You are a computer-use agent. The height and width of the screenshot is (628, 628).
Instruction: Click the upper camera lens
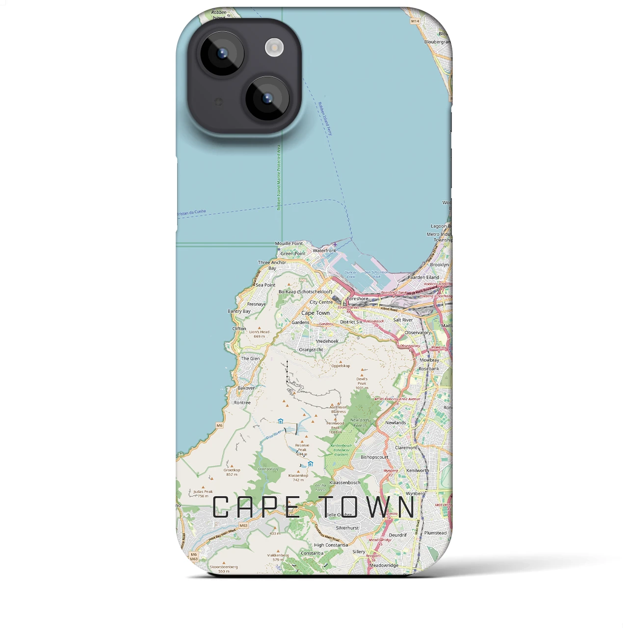[x=222, y=53]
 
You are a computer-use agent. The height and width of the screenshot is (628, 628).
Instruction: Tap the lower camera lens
[x=267, y=98]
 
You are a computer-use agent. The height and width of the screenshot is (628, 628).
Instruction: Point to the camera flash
[x=274, y=48]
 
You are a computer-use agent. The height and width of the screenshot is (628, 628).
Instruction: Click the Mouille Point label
[x=288, y=243]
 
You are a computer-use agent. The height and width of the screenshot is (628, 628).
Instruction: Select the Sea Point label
[x=265, y=285]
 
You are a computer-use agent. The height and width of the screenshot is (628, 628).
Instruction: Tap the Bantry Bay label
[x=239, y=312]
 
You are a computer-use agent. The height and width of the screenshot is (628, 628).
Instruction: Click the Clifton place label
[x=239, y=329]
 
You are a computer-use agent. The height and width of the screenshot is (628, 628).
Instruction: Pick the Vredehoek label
[x=327, y=341]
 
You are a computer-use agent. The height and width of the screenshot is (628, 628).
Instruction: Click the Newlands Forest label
[x=360, y=422]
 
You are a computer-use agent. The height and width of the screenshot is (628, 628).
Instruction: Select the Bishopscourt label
[x=374, y=457]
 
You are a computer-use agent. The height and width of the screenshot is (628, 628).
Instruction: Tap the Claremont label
[x=406, y=448]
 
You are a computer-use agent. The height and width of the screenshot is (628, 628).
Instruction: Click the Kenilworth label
[x=418, y=471]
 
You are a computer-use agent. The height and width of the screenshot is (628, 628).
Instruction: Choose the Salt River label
[x=403, y=320]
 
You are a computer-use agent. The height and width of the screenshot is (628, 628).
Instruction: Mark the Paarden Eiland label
[x=423, y=278]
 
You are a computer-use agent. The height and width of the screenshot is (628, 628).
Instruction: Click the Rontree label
[x=242, y=403]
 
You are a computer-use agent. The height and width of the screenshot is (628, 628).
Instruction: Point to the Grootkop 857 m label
[x=232, y=472]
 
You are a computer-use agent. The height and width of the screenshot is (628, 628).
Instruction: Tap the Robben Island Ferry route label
[x=325, y=119]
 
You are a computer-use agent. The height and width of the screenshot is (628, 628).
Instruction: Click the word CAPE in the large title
[x=257, y=507]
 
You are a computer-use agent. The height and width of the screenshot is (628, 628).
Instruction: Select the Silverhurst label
[x=347, y=528]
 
